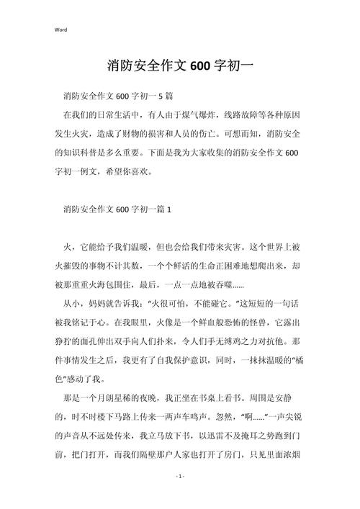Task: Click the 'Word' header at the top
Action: click(x=60, y=30)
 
